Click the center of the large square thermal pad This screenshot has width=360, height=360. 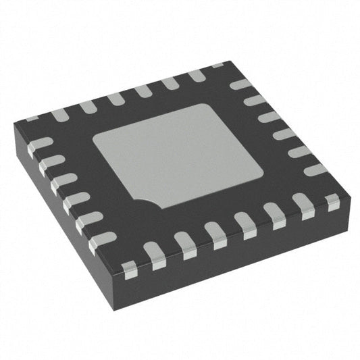tap(177, 156)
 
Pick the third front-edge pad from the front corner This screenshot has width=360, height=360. tap(185, 245)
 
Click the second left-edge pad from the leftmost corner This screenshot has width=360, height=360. tap(51, 162)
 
